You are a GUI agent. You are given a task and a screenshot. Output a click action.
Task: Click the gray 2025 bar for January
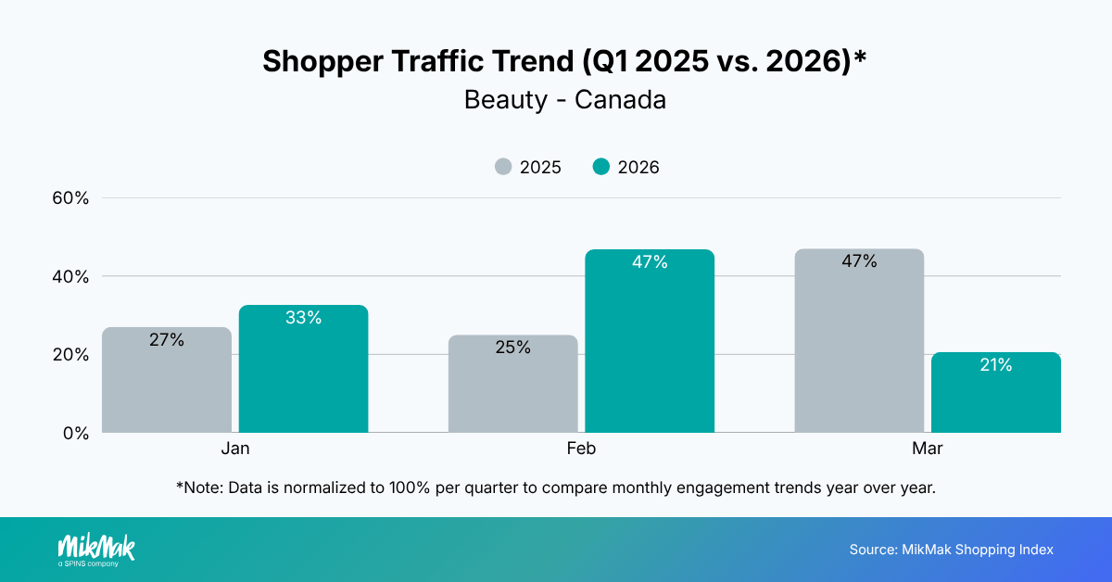pos(167,380)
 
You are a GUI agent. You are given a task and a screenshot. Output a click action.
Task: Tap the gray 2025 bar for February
pos(512,384)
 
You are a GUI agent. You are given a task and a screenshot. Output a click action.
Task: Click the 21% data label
pos(996,365)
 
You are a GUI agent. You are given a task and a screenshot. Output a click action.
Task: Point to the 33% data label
pos(304,318)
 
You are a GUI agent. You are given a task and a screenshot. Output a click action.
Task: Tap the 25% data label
pos(512,348)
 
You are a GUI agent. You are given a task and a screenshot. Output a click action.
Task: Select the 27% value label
pos(167,340)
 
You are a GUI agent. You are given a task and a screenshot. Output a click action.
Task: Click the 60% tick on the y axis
pos(69,198)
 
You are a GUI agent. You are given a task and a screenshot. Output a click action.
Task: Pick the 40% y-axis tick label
pos(69,277)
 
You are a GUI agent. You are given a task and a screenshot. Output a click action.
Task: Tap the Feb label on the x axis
pos(581,449)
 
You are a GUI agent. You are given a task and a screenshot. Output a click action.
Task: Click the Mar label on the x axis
pos(928,449)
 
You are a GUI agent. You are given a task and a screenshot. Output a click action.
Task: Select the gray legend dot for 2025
pos(503,168)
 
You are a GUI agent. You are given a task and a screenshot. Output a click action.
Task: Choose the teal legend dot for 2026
pos(601,168)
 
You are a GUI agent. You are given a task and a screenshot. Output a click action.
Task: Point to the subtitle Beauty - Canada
pos(565,100)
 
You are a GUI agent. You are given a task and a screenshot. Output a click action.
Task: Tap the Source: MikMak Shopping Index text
pos(951,550)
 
